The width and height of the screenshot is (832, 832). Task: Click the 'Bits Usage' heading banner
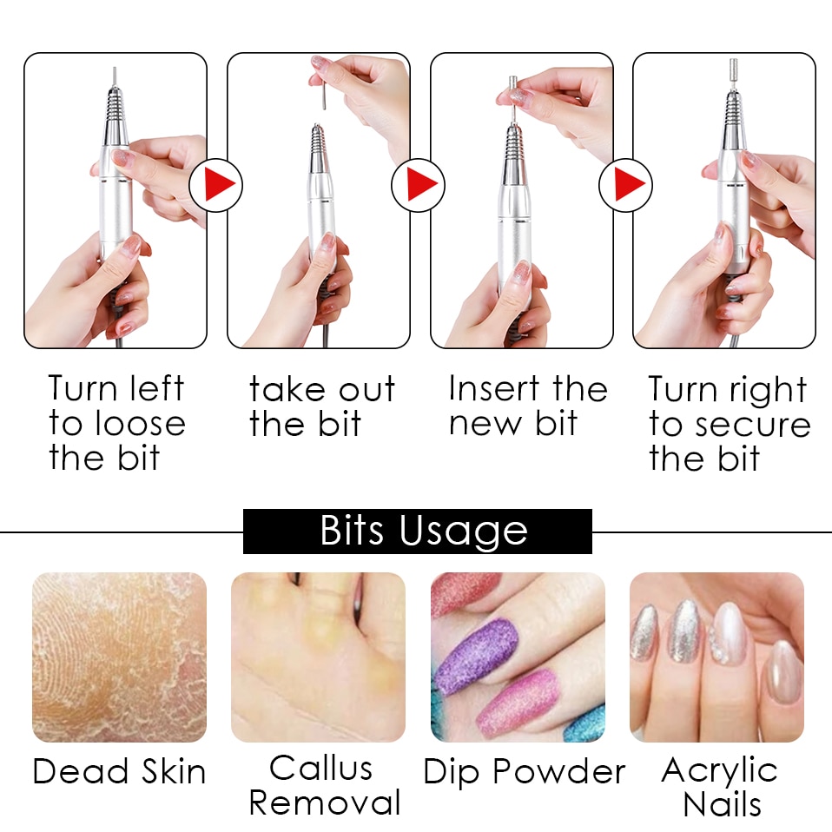(417, 532)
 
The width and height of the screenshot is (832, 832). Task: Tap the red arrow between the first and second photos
(215, 185)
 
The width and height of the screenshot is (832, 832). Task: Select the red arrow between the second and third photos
(419, 185)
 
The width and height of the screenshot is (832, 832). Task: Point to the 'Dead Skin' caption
(119, 771)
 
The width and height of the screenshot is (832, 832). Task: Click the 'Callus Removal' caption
(324, 785)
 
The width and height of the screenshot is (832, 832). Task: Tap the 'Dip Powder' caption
(524, 771)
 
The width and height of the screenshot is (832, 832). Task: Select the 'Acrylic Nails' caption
(720, 785)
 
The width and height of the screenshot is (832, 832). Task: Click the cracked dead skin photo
(119, 657)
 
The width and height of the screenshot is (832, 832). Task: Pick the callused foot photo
(318, 657)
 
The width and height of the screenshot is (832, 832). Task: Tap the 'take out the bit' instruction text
(321, 406)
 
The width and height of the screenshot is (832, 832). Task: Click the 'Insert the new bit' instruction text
(527, 406)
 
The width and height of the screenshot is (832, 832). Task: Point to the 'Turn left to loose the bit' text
(116, 423)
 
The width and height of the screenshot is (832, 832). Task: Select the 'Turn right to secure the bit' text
(729, 425)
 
